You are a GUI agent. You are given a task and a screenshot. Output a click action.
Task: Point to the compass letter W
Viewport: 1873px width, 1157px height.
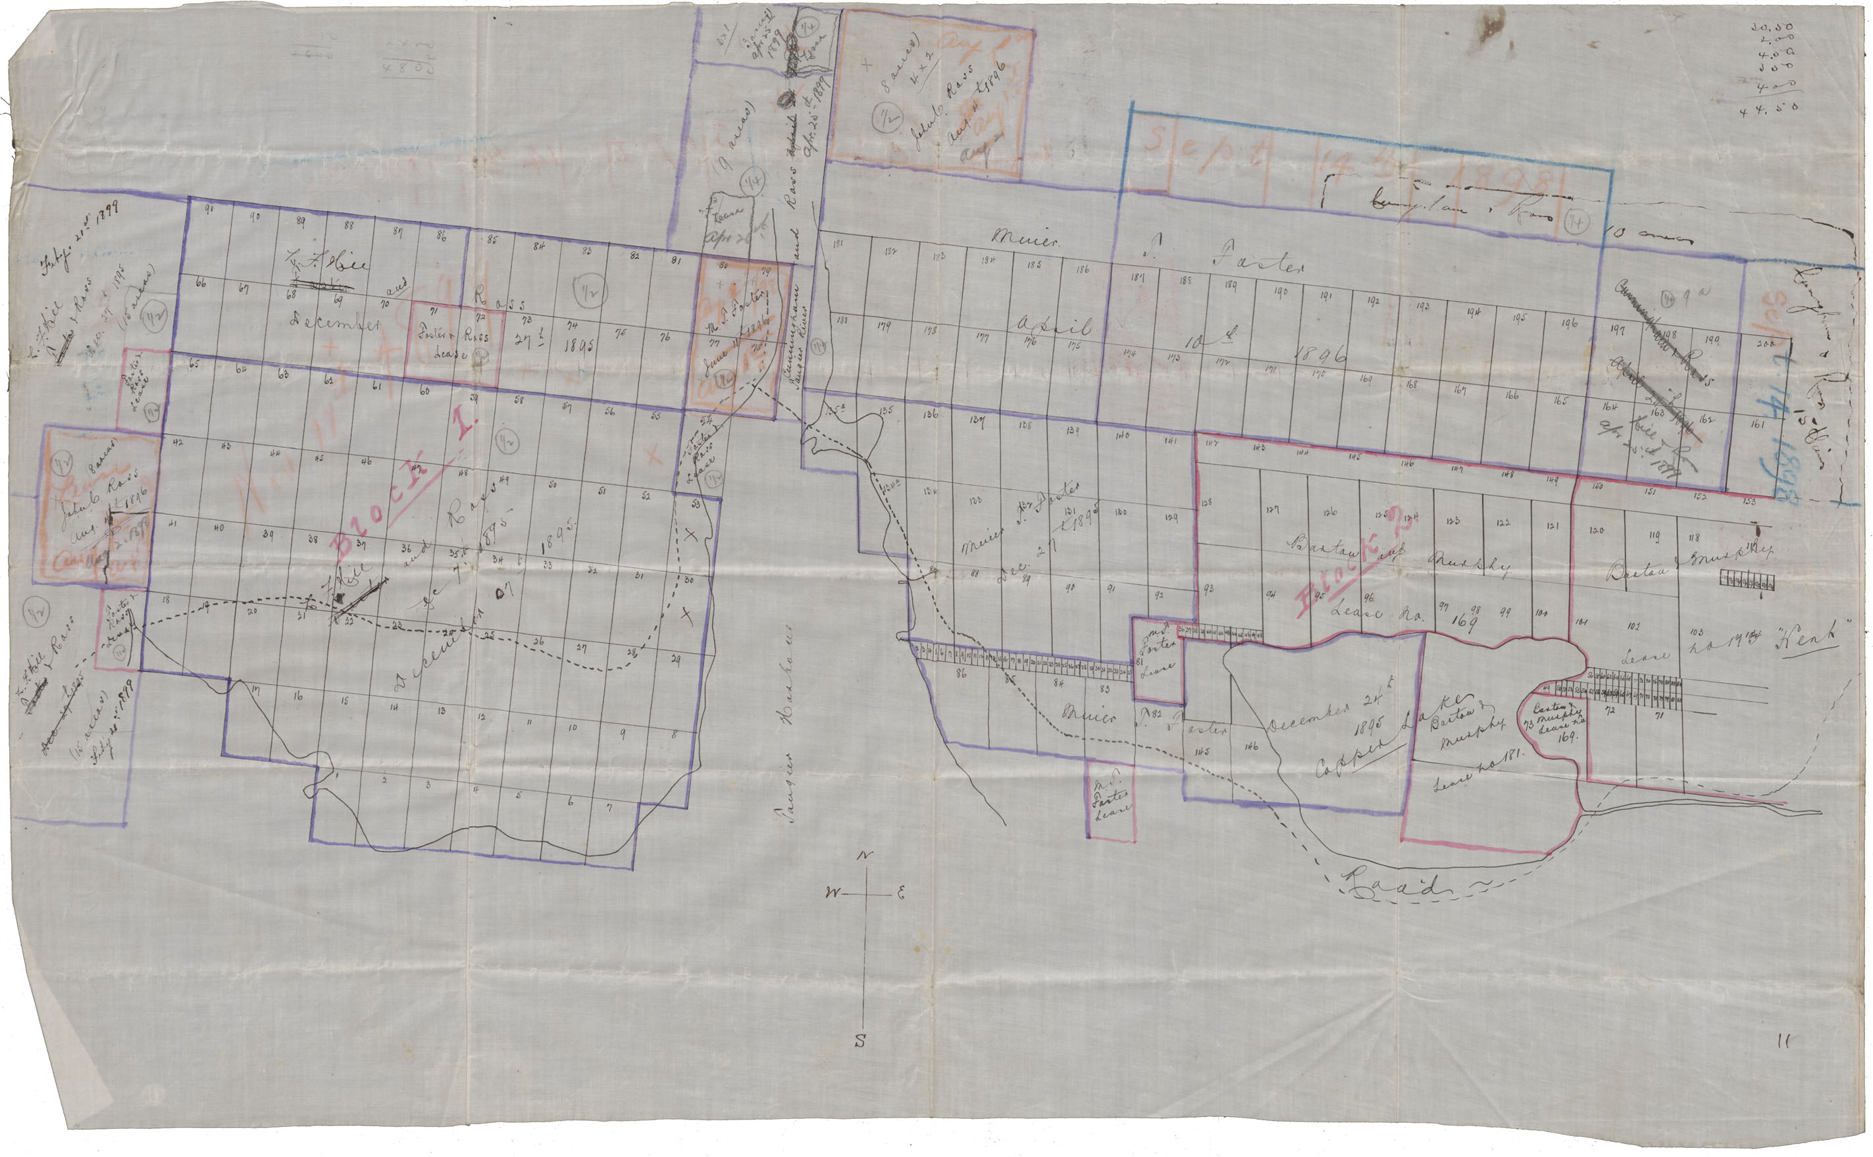tap(833, 892)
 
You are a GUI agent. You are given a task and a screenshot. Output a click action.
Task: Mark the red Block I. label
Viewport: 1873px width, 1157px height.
tap(404, 480)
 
